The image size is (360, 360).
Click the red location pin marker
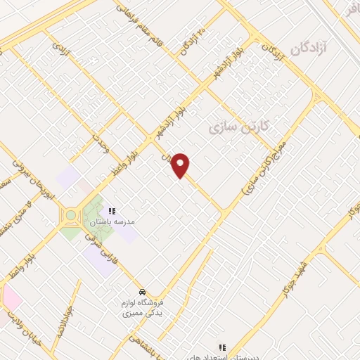pos(181,165)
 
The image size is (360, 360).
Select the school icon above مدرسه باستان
pos(110,210)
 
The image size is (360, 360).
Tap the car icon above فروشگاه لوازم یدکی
pos(142,292)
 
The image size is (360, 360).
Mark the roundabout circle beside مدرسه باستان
pos(71,215)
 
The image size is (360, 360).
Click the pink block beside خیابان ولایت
pos(11,299)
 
